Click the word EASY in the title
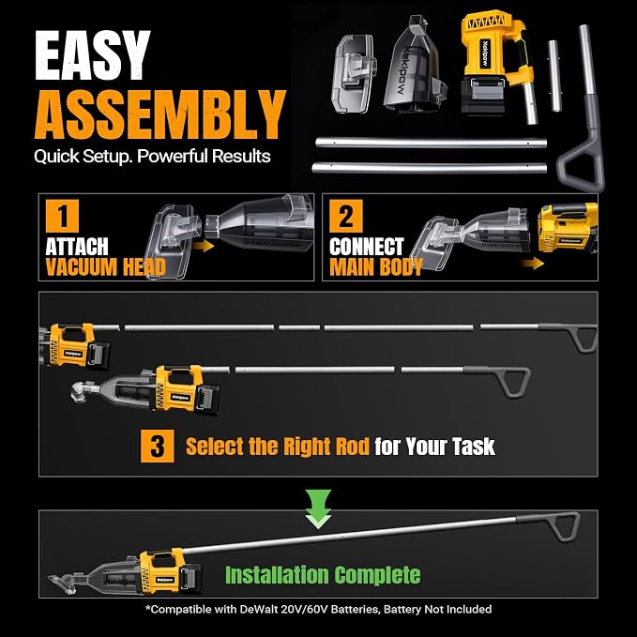(93, 55)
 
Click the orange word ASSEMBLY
(160, 115)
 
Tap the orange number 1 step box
(62, 216)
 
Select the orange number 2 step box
(346, 216)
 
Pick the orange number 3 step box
(158, 446)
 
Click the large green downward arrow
(318, 508)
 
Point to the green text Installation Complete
(323, 575)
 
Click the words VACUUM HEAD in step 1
(106, 267)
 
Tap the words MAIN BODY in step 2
(376, 267)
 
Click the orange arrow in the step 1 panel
(204, 246)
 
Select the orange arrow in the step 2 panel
(533, 264)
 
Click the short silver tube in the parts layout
(554, 76)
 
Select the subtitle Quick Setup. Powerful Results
(152, 157)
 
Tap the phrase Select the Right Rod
(278, 446)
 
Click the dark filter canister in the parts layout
(415, 65)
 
